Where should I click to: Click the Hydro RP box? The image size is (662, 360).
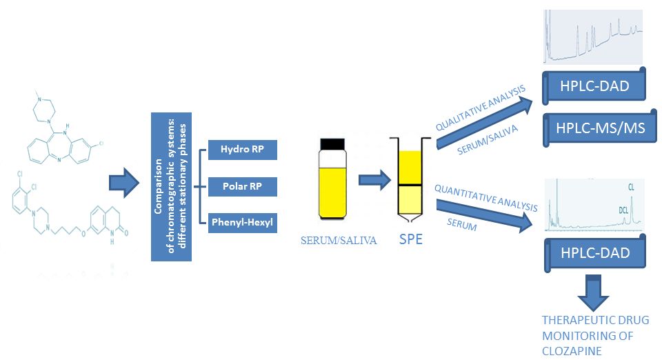pos(242,149)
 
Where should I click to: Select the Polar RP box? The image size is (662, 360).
pos(242,186)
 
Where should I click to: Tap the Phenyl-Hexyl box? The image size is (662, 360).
pos(242,222)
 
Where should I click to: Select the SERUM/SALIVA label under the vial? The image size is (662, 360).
pos(332,241)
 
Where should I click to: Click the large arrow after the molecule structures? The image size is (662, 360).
pos(125,183)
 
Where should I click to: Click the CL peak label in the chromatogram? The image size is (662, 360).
pos(631,186)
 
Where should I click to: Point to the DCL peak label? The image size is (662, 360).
pos(623,208)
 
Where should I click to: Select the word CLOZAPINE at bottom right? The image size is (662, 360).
pos(572,350)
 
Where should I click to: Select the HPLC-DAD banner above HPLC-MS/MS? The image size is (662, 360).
pos(594,86)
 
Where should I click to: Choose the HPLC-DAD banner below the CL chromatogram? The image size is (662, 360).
pos(594,253)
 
